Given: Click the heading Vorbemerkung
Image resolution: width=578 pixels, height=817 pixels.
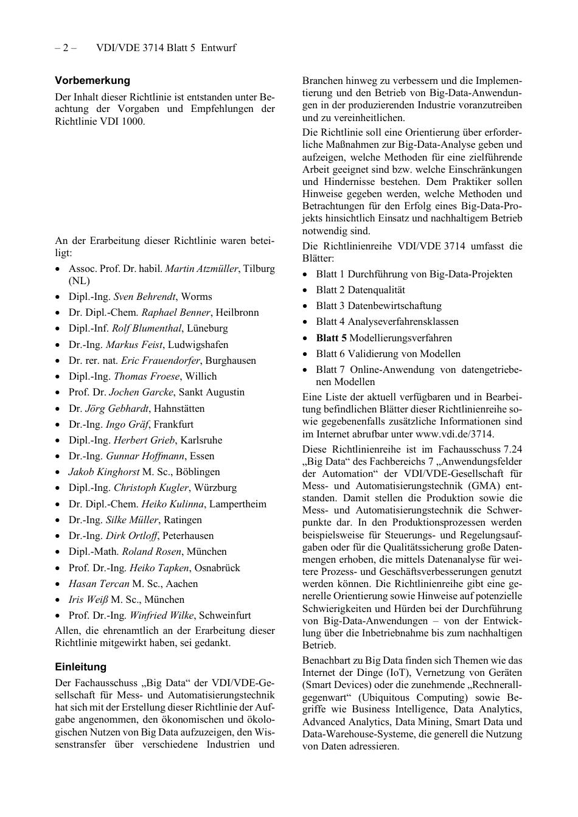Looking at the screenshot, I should [x=92, y=80].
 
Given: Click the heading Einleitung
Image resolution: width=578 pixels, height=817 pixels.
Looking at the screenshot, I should [x=80, y=667].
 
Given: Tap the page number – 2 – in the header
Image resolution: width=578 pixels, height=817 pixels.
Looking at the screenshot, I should [x=66, y=48].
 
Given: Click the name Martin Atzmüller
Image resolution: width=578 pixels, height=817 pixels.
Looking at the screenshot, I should [x=201, y=268].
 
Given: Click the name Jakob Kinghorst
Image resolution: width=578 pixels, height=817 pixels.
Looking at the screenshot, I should [x=104, y=471].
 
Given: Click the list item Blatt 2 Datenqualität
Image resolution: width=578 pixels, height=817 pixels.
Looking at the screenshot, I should [x=360, y=290].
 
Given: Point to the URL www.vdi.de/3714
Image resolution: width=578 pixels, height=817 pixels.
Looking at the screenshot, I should [x=454, y=434].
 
